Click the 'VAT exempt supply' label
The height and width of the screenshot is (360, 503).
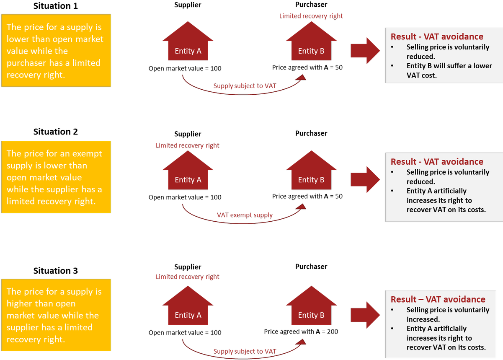tap(245, 215)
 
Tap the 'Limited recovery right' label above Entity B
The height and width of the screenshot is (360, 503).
tap(311, 16)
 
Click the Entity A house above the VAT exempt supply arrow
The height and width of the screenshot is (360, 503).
tap(188, 174)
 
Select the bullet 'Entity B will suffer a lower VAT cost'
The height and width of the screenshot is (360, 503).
tap(449, 70)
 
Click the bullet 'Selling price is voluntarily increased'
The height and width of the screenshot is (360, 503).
tap(448, 314)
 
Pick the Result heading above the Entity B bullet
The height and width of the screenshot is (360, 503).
tap(437, 36)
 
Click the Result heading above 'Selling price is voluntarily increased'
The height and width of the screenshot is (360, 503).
tap(438, 299)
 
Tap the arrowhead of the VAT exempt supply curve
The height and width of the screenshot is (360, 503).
tap(301, 206)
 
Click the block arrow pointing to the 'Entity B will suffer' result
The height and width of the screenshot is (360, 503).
tap(365, 51)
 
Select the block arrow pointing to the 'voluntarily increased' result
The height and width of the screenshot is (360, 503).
tap(365, 315)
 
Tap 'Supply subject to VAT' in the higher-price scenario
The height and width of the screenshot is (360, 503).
tap(245, 351)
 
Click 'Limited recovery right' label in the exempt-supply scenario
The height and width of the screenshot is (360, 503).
tap(187, 145)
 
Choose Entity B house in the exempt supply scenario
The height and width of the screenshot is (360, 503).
tap(311, 174)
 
